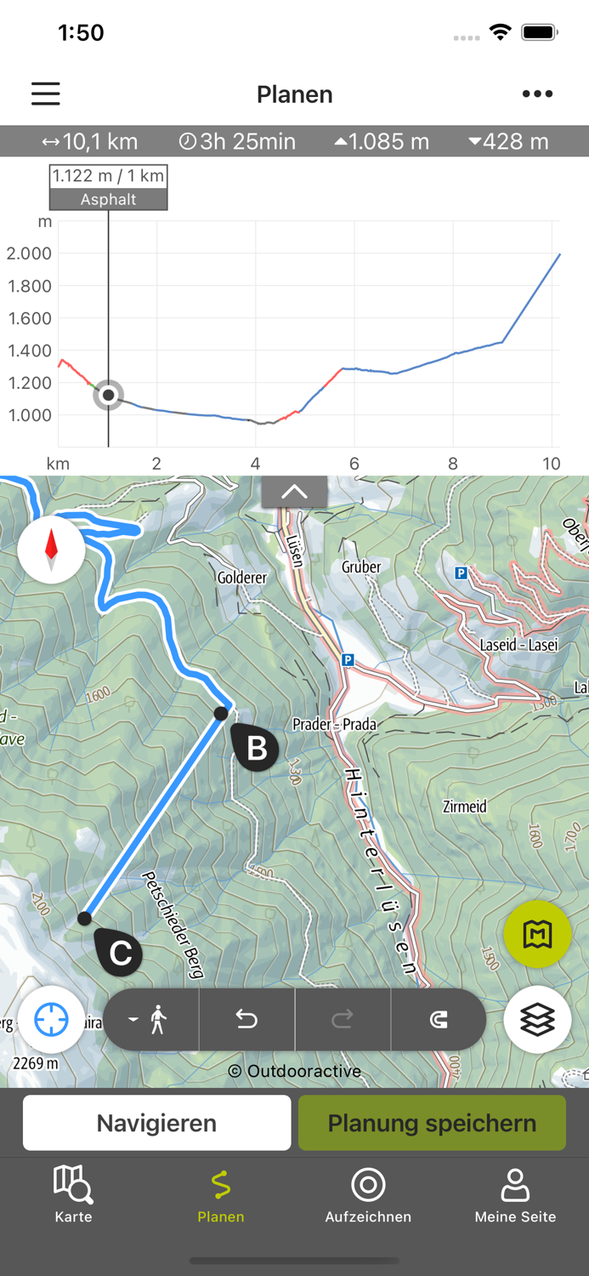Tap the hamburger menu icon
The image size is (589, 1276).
coord(46,94)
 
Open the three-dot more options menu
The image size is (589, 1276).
coord(537,94)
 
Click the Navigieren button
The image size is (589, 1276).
coord(156,1123)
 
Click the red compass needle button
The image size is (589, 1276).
coord(51,550)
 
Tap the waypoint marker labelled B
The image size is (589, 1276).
coord(255,748)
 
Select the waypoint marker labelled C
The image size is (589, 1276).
coord(119,952)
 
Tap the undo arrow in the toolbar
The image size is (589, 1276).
coord(246,1019)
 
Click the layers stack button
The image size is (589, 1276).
coord(537,1019)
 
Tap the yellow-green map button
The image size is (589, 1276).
coord(537,934)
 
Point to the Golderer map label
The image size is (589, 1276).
coord(242,578)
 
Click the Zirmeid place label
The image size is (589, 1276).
coord(465,806)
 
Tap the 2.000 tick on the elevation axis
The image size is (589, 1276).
coord(30,253)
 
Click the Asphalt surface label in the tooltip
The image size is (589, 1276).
coord(108,200)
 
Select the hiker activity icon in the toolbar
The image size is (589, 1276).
coord(151,1019)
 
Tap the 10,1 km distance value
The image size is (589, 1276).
coord(90,141)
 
